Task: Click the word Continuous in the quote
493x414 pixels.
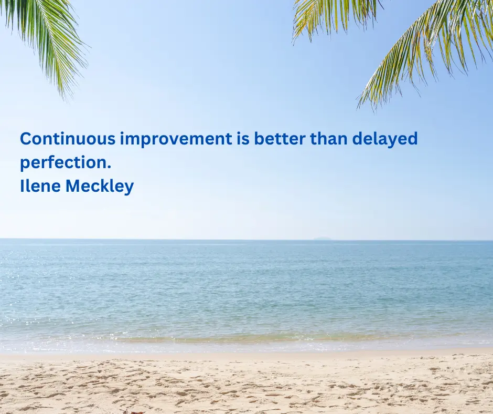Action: [68, 139]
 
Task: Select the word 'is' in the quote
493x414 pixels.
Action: [243, 139]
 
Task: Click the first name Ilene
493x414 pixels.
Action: [40, 185]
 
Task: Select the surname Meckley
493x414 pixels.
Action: [100, 187]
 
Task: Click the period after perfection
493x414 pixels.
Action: [109, 167]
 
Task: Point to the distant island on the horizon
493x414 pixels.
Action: [323, 239]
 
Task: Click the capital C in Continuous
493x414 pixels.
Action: [26, 139]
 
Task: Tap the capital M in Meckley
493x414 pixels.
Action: [73, 185]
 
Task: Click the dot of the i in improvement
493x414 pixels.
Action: [123, 132]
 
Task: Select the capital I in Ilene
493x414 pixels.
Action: [22, 185]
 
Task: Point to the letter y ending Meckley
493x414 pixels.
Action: [128, 189]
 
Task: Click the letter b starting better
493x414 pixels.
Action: [260, 139]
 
